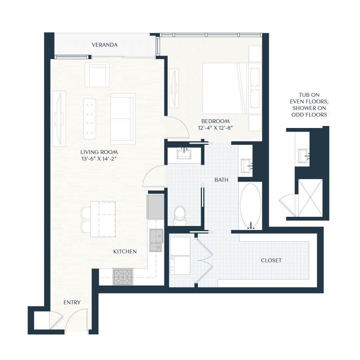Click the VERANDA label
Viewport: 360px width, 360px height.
point(104,45)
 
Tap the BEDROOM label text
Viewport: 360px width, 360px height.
point(216,121)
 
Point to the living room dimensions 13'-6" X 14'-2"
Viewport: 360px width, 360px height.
point(99,159)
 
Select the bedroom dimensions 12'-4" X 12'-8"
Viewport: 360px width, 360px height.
point(216,128)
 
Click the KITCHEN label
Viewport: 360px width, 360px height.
point(125,252)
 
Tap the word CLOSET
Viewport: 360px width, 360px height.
point(271,260)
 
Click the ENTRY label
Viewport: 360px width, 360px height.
point(72,302)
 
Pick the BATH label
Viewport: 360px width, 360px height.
point(221,180)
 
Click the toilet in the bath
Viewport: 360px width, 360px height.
point(180,215)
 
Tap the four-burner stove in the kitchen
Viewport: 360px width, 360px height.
point(123,276)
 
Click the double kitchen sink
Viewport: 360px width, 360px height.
point(156,240)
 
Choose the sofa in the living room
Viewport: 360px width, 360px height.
point(122,118)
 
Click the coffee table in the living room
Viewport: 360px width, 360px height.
point(90,118)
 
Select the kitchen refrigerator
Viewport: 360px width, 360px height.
point(155,206)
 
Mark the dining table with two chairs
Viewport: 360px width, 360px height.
point(103,219)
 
